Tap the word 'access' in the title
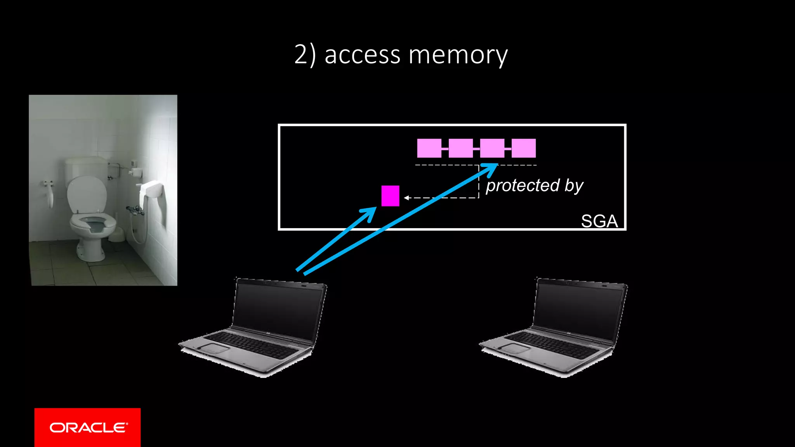(362, 55)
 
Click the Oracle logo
(88, 427)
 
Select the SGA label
(599, 221)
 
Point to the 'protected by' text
(535, 185)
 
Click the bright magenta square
(390, 196)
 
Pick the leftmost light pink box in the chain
(429, 148)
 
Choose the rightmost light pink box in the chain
(524, 148)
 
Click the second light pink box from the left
(460, 148)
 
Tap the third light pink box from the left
(492, 148)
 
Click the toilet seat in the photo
(93, 223)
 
